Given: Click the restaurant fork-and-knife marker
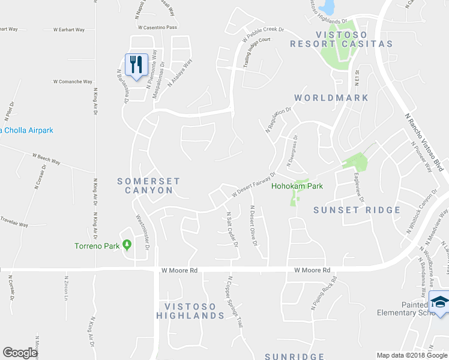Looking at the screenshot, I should pyautogui.click(x=136, y=64).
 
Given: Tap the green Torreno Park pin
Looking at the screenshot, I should pyautogui.click(x=127, y=245).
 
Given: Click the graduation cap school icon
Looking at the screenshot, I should pyautogui.click(x=440, y=302).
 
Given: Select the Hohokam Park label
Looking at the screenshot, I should pyautogui.click(x=297, y=186).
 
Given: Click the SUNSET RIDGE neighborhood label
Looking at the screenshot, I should pyautogui.click(x=357, y=210).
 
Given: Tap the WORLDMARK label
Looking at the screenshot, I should pyautogui.click(x=331, y=97).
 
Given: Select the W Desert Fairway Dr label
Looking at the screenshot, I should pyautogui.click(x=253, y=184).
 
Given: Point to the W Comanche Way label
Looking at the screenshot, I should pyautogui.click(x=73, y=82).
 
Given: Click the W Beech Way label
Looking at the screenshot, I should pyautogui.click(x=46, y=158).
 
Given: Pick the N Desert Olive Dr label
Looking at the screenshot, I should pyautogui.click(x=255, y=225).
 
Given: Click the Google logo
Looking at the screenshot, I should pyautogui.click(x=20, y=353).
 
